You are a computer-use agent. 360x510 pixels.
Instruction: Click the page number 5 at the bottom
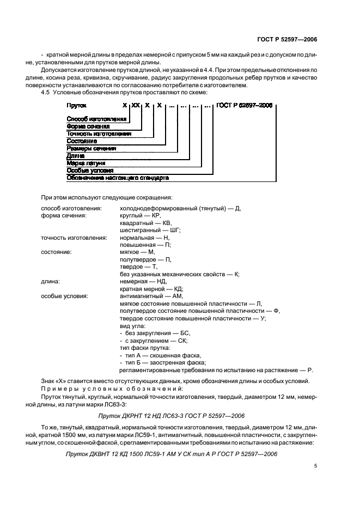315,466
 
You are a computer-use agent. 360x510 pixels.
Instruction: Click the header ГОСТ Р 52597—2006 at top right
287,39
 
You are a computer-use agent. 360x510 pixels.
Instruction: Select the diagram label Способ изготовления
97,118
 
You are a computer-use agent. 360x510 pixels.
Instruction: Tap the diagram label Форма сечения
88,126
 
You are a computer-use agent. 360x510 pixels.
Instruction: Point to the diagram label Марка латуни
86,163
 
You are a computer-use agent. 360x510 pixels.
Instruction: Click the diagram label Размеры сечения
91,148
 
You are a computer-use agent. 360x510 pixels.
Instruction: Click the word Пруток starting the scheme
77,104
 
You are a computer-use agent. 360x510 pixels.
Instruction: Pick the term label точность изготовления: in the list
74,238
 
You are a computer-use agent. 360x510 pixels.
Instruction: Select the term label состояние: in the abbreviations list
57,252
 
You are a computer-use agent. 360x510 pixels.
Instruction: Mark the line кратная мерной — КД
151,288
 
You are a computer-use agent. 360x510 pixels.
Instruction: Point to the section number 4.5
46,93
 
